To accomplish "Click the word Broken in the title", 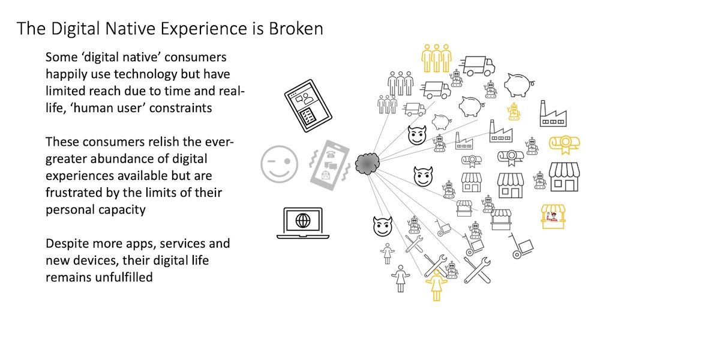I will (x=293, y=29).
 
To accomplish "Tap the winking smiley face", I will (x=279, y=163).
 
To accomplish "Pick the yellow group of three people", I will (x=436, y=59).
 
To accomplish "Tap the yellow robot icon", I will (x=514, y=112).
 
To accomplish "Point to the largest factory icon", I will (x=555, y=113).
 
